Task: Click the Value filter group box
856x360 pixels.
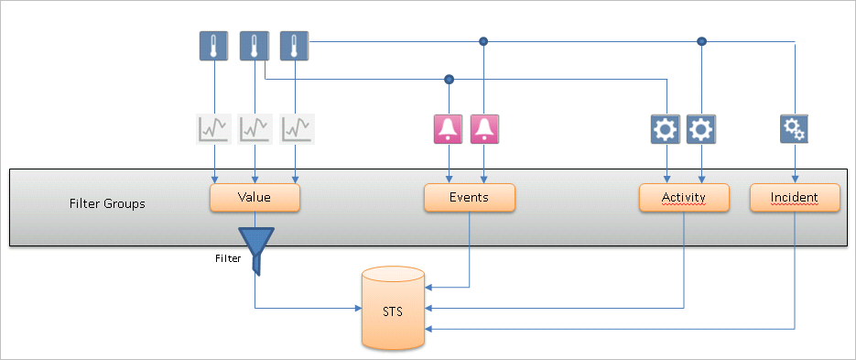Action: pos(255,198)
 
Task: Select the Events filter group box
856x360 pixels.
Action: pos(470,198)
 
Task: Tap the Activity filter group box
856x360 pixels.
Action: pos(684,198)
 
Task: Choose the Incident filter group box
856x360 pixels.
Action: pos(795,198)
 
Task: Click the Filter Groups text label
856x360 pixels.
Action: pos(107,203)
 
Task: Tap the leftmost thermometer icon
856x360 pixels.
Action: pos(213,47)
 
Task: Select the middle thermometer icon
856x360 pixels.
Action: pos(253,47)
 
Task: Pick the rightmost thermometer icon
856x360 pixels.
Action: pos(294,47)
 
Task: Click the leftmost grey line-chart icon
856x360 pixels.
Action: pos(211,129)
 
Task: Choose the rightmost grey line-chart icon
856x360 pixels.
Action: pos(296,129)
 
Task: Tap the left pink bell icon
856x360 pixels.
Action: pos(449,129)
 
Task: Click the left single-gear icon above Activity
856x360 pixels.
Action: pos(666,129)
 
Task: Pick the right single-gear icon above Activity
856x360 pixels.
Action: pos(701,129)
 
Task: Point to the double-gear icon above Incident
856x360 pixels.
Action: pos(794,129)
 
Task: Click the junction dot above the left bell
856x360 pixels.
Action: pos(449,79)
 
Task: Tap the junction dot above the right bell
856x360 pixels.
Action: pos(484,41)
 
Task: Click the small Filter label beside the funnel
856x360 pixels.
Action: pos(228,258)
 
